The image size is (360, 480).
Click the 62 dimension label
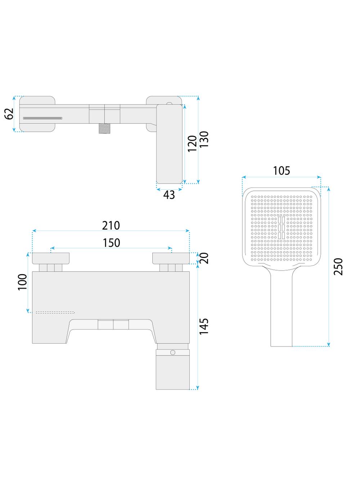pos(9,114)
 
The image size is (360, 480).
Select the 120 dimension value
pos(193,144)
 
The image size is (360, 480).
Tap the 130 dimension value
pos(204,139)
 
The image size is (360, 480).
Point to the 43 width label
pos(169,195)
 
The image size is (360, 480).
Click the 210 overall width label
pos(111,226)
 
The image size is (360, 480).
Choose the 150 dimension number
pos(111,243)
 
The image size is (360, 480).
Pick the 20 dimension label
pos(204,258)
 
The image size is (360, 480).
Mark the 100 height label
pos(22,282)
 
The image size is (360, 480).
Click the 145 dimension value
pos(204,326)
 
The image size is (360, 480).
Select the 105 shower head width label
pos(282,171)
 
